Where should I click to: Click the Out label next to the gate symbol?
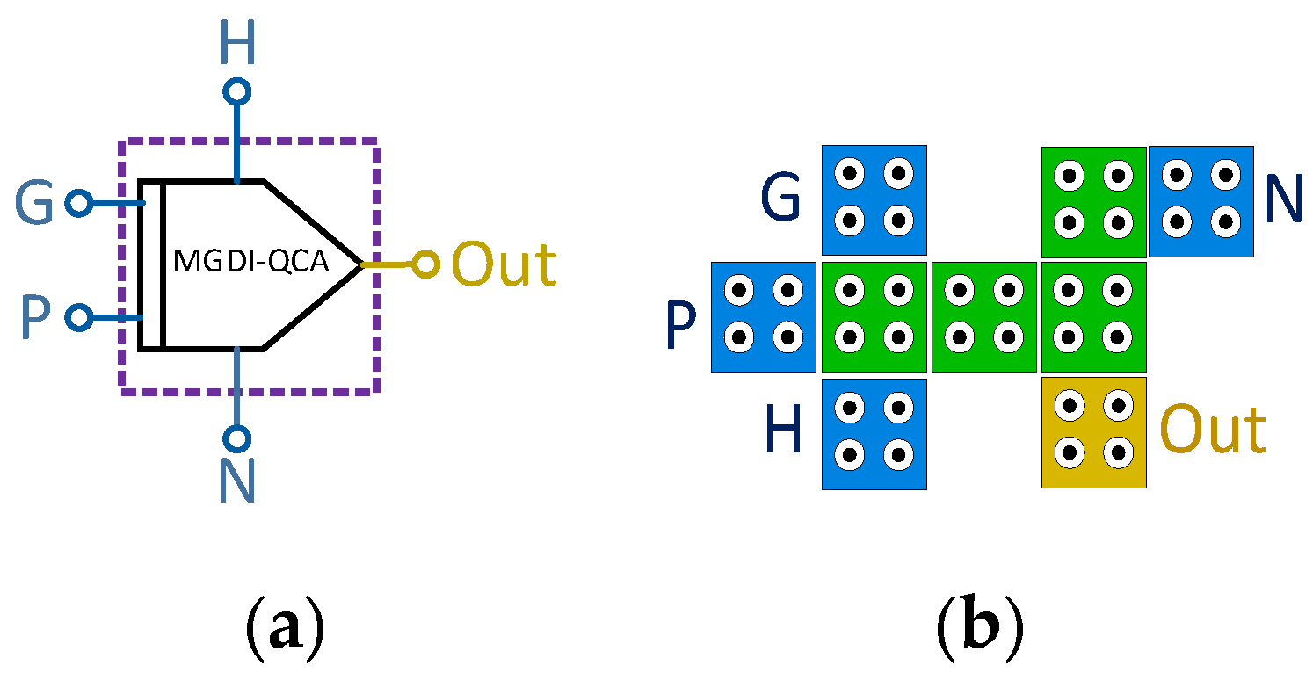[504, 264]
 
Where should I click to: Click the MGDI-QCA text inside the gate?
[251, 263]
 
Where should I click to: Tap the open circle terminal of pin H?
[237, 91]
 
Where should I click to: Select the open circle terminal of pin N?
[237, 437]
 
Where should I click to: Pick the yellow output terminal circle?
[425, 264]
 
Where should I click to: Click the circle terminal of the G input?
[79, 204]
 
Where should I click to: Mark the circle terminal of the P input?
[79, 317]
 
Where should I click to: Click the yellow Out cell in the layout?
[1093, 431]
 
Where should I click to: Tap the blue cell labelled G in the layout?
[874, 199]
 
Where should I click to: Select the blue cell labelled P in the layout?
[763, 316]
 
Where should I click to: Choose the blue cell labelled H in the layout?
[874, 433]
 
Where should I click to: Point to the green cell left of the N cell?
[1093, 201]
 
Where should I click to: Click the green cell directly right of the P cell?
[874, 316]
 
